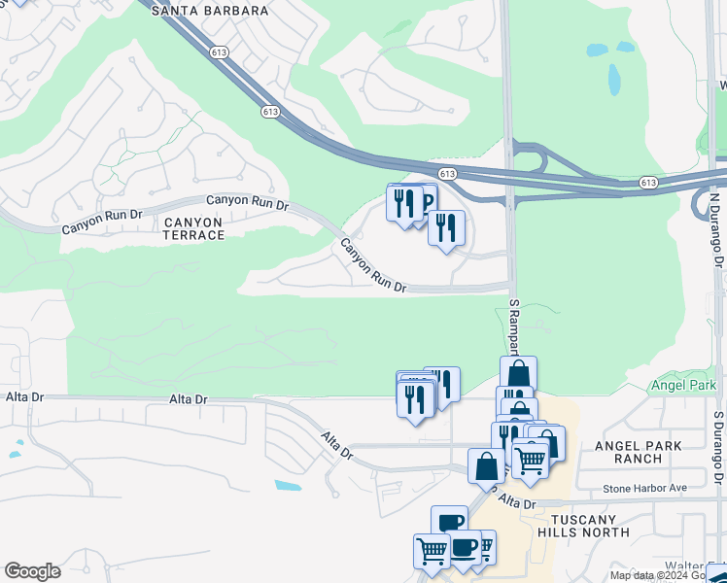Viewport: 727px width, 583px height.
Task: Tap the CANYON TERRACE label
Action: (193, 228)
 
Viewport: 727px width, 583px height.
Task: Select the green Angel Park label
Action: (682, 385)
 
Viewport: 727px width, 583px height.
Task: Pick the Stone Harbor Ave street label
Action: (644, 488)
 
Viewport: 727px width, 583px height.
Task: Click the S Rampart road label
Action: (516, 326)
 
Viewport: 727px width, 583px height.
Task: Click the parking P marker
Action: (425, 203)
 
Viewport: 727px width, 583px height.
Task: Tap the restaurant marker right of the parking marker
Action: (446, 228)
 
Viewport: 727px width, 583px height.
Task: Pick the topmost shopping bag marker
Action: (519, 373)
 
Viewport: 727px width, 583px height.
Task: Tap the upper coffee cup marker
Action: (449, 523)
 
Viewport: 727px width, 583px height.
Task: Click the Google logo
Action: (32, 571)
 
